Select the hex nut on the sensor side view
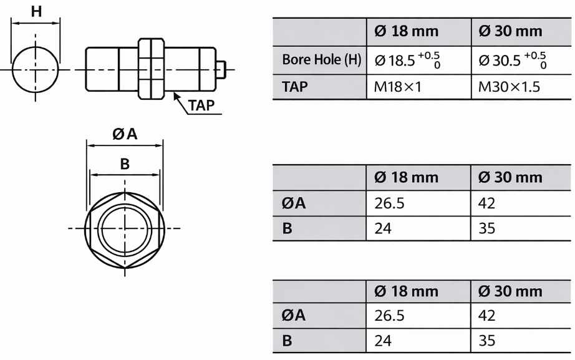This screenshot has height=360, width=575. click(x=151, y=69)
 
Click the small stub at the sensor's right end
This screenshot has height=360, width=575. click(x=222, y=67)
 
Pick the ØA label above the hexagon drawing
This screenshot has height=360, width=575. click(x=125, y=134)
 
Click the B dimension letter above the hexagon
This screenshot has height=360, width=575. click(x=125, y=163)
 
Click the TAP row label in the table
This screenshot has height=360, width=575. click(x=295, y=87)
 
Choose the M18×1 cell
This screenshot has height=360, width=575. click(x=398, y=87)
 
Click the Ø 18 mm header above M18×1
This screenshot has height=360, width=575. click(x=406, y=31)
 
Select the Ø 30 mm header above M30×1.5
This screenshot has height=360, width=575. click(x=510, y=31)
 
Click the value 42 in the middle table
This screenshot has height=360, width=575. click(x=487, y=203)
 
